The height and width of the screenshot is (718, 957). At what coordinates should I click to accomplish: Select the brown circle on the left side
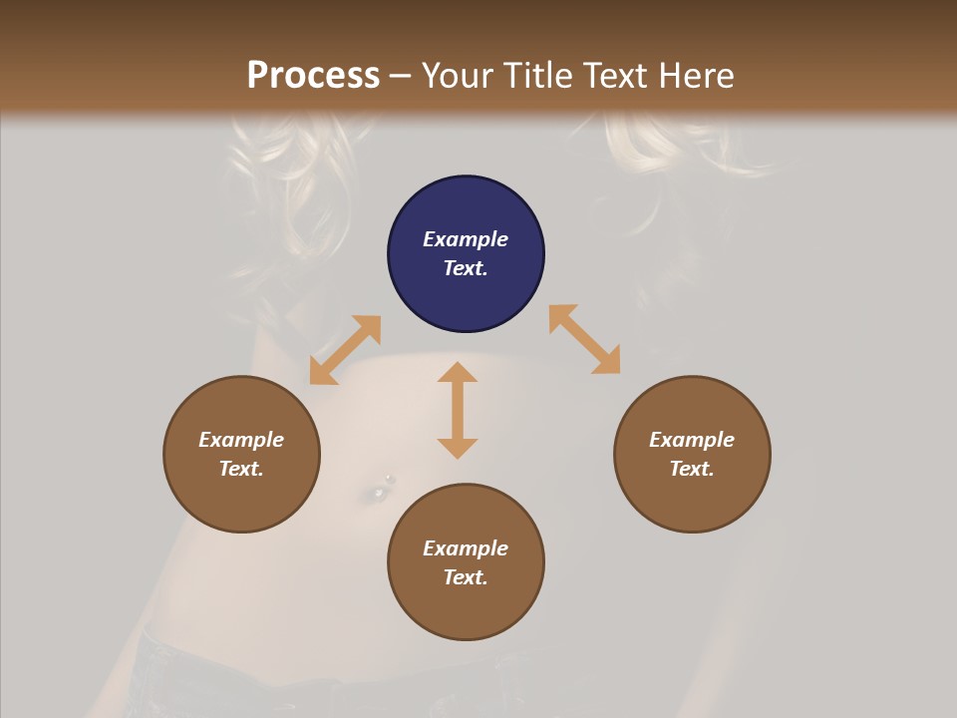[x=241, y=454]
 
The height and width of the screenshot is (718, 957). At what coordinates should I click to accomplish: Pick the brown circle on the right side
[x=692, y=454]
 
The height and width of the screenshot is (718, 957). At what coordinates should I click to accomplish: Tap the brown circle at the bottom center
[x=466, y=562]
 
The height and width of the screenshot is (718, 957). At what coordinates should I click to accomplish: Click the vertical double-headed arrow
[x=458, y=410]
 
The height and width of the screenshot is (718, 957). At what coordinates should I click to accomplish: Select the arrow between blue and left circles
[x=345, y=350]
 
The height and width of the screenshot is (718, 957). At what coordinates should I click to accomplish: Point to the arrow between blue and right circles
[x=584, y=339]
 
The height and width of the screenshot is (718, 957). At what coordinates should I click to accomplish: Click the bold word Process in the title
[x=313, y=75]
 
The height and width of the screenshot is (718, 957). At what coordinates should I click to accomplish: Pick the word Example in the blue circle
[x=466, y=239]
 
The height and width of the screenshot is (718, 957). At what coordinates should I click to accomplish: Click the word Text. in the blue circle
[x=466, y=268]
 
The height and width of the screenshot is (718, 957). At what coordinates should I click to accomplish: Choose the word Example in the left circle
[x=241, y=440]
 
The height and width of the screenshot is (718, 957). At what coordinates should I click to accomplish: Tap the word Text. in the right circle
[x=692, y=469]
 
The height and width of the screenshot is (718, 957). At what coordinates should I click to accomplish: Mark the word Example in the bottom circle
[x=466, y=548]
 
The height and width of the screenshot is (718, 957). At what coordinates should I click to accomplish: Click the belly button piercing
[x=382, y=488]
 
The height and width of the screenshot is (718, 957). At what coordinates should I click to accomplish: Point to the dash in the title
[x=401, y=75]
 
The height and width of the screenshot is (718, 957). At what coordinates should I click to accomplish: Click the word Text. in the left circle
[x=241, y=469]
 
